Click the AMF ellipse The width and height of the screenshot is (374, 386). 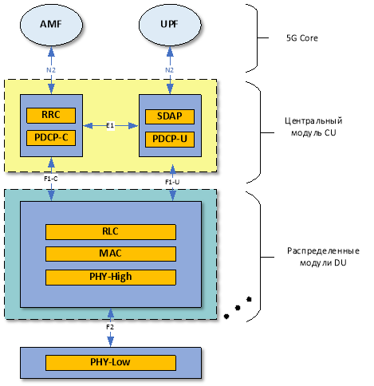pyautogui.click(x=51, y=25)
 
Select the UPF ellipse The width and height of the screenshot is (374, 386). pyautogui.click(x=170, y=25)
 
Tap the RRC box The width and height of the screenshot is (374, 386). pyautogui.click(x=51, y=116)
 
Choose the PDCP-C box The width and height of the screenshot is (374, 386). pyautogui.click(x=51, y=138)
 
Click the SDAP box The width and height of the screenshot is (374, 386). pyautogui.click(x=170, y=116)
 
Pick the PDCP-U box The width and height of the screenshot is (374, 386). pyautogui.click(x=170, y=139)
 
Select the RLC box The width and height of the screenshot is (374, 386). pyautogui.click(x=111, y=232)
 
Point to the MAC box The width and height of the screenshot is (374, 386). pyautogui.click(x=111, y=254)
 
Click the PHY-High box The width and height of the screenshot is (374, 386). pyautogui.click(x=111, y=278)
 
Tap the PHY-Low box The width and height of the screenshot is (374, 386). pyautogui.click(x=111, y=363)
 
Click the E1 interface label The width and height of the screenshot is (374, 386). pyautogui.click(x=110, y=125)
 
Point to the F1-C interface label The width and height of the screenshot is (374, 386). pyautogui.click(x=51, y=179)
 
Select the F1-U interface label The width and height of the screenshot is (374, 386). pyautogui.click(x=172, y=182)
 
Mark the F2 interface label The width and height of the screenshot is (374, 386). pyautogui.click(x=110, y=327)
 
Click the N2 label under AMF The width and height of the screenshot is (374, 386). pyautogui.click(x=51, y=70)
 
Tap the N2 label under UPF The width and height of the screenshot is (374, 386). pyautogui.click(x=170, y=70)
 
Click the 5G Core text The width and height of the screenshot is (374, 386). pyautogui.click(x=302, y=38)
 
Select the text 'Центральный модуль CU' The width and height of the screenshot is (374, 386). pyautogui.click(x=313, y=127)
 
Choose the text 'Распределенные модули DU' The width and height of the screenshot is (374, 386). pyautogui.click(x=323, y=257)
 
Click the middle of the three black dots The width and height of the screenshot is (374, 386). pyautogui.click(x=238, y=308)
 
